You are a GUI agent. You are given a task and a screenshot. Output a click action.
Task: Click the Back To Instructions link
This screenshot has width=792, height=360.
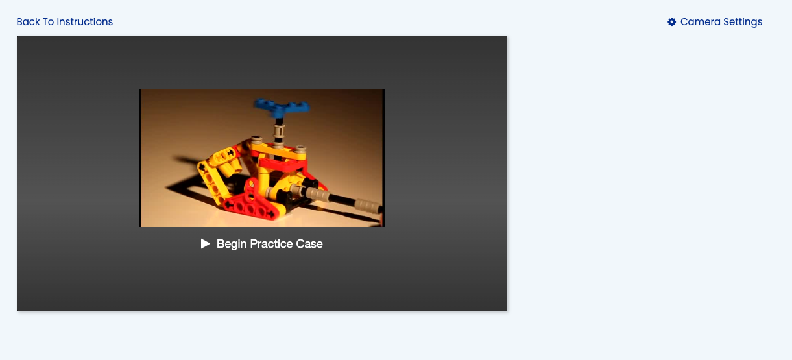coord(65,22)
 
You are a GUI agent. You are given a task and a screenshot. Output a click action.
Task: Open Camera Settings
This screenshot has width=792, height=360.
coord(715,22)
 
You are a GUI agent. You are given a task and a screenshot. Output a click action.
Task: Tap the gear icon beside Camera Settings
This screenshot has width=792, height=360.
coord(671,22)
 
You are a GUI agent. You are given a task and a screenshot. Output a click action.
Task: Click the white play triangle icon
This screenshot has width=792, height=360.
coord(206,244)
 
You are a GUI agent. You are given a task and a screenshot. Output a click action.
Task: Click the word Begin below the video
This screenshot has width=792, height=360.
coord(232,245)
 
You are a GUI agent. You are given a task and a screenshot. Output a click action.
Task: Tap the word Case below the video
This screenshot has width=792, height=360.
coord(309,244)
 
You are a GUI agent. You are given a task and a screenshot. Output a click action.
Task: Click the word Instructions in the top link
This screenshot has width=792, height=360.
coord(85,22)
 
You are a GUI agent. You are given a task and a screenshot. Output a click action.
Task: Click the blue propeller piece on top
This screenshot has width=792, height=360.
coord(282,107)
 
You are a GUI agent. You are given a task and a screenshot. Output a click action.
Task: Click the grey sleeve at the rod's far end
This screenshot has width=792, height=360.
coord(368,206)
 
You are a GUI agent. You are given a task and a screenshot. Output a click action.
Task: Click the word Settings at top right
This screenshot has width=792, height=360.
coord(743,22)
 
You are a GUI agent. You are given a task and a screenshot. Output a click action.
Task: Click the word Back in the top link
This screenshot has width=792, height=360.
coord(29,22)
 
